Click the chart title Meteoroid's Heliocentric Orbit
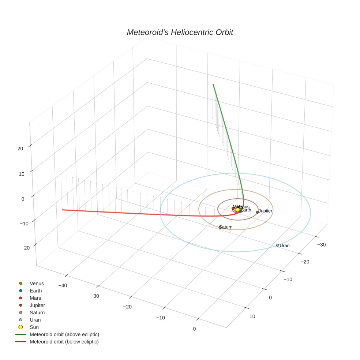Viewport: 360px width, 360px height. tap(180, 32)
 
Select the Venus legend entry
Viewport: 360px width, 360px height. tap(37, 284)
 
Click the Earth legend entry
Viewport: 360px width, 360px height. tap(35, 291)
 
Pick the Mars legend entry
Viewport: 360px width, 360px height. tap(35, 298)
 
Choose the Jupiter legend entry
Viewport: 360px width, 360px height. tap(37, 305)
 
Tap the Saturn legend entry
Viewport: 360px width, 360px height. tap(37, 313)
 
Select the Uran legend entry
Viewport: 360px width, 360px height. tap(35, 320)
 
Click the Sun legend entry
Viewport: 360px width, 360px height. tap(34, 327)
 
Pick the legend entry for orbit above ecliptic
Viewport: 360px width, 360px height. tap(64, 334)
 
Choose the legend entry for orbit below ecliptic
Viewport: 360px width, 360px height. tap(64, 342)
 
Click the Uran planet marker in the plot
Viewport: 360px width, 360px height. tap(278, 245)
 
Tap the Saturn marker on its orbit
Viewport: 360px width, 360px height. tap(220, 228)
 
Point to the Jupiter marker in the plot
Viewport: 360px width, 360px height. tap(258, 212)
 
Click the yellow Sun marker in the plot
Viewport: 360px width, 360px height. tap(238, 210)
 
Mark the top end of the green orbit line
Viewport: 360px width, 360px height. tap(213, 84)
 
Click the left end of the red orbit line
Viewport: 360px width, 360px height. tap(63, 210)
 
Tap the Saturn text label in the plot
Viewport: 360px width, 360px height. tap(226, 227)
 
